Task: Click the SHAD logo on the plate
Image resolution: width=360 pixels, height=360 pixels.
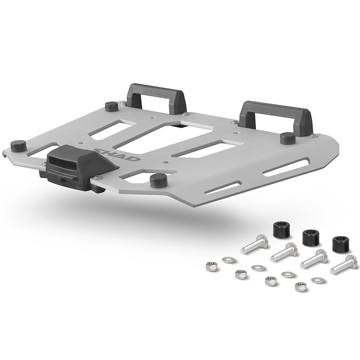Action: pyautogui.click(x=117, y=154)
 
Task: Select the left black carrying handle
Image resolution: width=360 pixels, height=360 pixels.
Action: pyautogui.click(x=157, y=101)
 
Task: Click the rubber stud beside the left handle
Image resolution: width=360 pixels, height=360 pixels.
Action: pyautogui.click(x=112, y=106)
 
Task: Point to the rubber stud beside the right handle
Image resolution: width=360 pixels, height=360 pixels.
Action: pyautogui.click(x=288, y=138)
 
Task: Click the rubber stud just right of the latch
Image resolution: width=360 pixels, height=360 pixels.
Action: pyautogui.click(x=158, y=181)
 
